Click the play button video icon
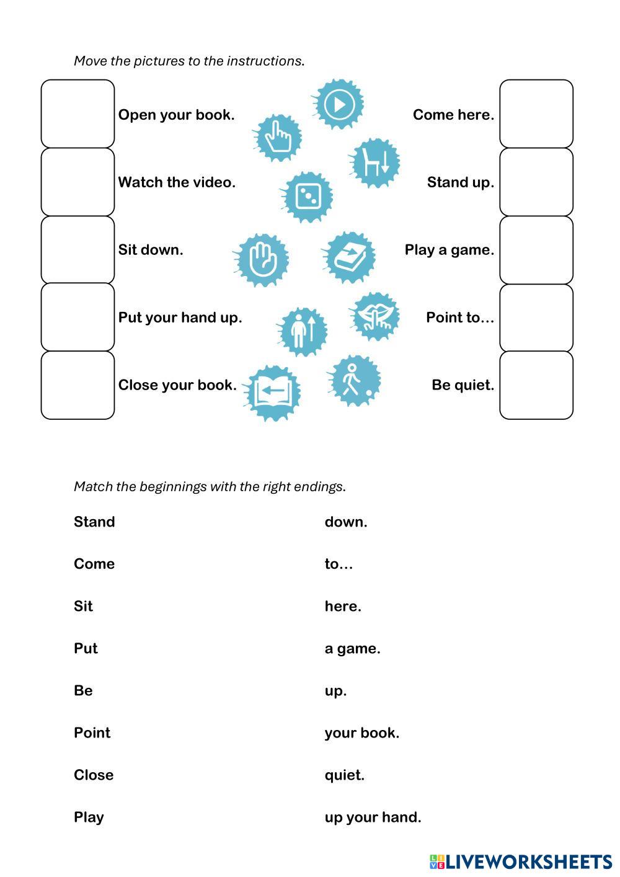(338, 104)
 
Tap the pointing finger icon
(278, 138)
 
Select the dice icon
(307, 197)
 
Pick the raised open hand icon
(262, 259)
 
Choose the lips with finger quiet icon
(375, 316)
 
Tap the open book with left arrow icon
(273, 393)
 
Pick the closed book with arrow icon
(350, 257)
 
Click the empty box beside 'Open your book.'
(78, 114)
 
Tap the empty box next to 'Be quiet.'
(536, 385)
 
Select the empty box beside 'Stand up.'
(536, 182)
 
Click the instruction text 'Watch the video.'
(177, 182)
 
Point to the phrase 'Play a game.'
(449, 250)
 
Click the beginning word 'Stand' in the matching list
(94, 522)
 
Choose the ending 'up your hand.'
(373, 817)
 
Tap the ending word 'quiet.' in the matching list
(344, 775)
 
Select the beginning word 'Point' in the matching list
(92, 732)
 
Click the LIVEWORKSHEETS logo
(521, 861)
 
